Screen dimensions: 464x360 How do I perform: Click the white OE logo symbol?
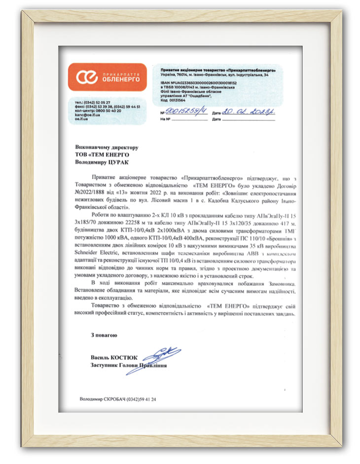coord(87,77)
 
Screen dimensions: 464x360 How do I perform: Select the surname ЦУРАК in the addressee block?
coord(122,161)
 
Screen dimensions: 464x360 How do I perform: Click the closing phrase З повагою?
coord(104,335)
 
